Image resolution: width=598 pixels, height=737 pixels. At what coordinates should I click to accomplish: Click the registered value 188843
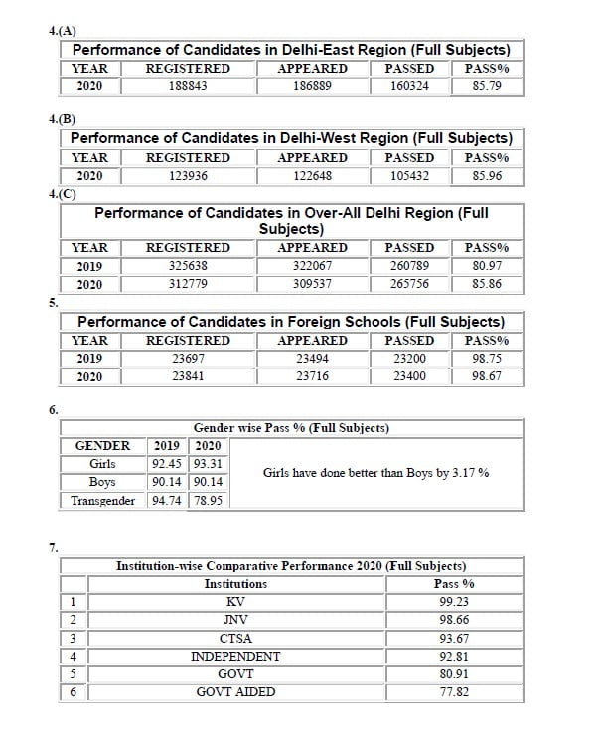[x=188, y=86]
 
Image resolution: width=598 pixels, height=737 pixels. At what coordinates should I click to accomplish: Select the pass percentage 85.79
[x=487, y=86]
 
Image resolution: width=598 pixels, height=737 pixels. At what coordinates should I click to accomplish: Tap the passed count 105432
[x=409, y=176]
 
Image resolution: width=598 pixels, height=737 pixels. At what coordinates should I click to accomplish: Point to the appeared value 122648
[x=312, y=176]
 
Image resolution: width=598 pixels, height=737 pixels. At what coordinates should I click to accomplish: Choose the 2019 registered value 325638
[x=188, y=266]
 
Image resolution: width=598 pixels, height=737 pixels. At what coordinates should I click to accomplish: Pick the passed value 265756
[x=409, y=284]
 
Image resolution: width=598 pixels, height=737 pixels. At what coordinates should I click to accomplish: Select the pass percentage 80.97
[x=487, y=266]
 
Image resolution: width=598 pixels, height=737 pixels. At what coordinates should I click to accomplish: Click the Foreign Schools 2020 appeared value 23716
[x=312, y=376]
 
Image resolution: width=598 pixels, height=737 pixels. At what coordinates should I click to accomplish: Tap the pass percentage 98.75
[x=487, y=358]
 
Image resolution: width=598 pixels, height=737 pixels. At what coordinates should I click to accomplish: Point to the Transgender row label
[x=102, y=500]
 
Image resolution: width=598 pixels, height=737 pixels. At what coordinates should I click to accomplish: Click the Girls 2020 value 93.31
[x=208, y=464]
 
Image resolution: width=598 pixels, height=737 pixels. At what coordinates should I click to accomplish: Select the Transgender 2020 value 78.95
[x=208, y=500]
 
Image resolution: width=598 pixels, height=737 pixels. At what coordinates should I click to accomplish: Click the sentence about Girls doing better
[x=375, y=473]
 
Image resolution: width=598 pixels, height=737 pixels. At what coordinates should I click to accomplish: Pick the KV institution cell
[x=235, y=602]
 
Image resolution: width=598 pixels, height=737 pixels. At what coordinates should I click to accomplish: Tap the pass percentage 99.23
[x=454, y=602]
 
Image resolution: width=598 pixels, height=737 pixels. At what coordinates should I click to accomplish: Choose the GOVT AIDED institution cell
[x=235, y=692]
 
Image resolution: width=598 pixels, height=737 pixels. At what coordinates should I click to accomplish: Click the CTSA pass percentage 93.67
[x=454, y=638]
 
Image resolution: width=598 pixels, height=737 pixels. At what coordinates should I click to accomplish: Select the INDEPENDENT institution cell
[x=235, y=657]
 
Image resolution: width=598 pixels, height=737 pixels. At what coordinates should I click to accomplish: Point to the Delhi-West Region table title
[x=291, y=138]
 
